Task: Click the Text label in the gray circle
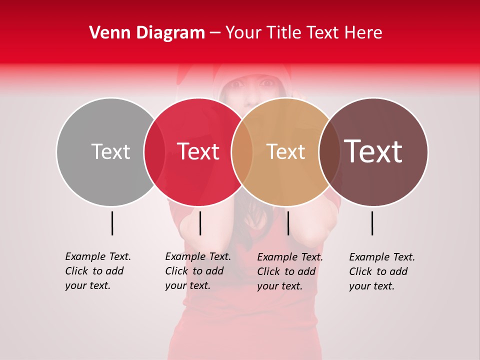pos(110,151)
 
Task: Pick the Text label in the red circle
pos(198,151)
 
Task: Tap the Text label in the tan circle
pos(286,151)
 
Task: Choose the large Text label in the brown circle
pos(373,151)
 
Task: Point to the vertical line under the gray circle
pos(112,223)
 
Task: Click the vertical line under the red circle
pos(200,223)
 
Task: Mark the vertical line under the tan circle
pos(288,223)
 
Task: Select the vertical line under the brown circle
pos(372,223)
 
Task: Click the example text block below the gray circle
pos(98,271)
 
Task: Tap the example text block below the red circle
pos(198,271)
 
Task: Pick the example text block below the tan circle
pos(290,271)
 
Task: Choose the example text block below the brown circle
pos(382,271)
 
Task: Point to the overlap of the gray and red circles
pos(154,151)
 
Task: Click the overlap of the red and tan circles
pos(242,151)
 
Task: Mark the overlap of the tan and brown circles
pos(329,151)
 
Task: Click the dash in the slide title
pos(215,33)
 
